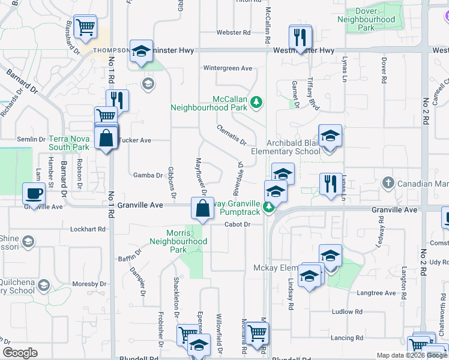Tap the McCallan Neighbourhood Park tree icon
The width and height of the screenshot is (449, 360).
point(257,101)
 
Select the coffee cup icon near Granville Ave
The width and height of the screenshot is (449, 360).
point(33,193)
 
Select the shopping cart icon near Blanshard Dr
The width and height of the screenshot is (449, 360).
point(85,26)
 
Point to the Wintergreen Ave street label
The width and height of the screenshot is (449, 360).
point(228,68)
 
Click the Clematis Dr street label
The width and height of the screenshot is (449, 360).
point(232,135)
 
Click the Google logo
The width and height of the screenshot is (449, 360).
point(20,353)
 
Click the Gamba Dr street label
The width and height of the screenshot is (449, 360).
point(148,176)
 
